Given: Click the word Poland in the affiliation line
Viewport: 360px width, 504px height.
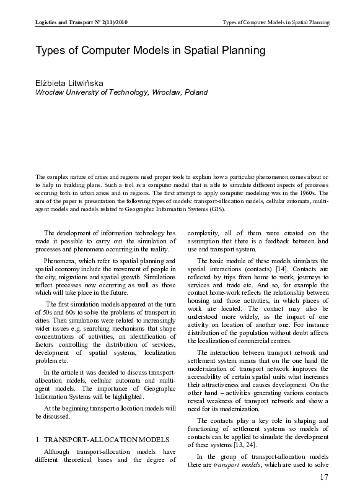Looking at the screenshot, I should tap(195, 92).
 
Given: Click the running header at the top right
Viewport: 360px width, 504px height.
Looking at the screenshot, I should tap(276, 22).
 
